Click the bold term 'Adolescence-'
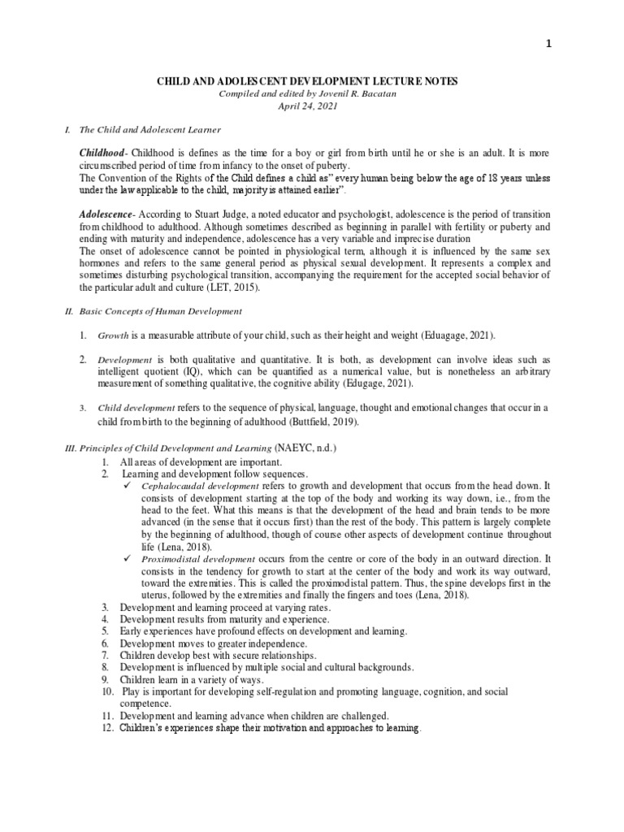click(107, 211)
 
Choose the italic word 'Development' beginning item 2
click(125, 360)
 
